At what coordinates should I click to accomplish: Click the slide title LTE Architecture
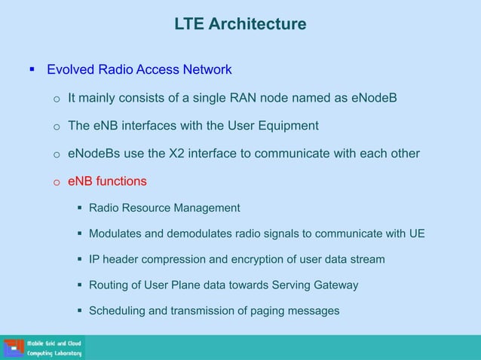(240, 25)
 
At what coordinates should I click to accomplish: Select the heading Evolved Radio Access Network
(139, 70)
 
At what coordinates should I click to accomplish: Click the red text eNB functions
(107, 182)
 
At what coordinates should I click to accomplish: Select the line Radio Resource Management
(164, 208)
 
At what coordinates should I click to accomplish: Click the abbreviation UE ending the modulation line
(417, 233)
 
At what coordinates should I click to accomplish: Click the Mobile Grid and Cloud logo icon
(14, 348)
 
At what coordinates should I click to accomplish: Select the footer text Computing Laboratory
(54, 353)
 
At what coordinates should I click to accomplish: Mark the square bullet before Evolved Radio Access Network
(32, 70)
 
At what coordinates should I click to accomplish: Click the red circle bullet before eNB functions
(56, 182)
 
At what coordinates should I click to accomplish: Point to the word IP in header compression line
(95, 259)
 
